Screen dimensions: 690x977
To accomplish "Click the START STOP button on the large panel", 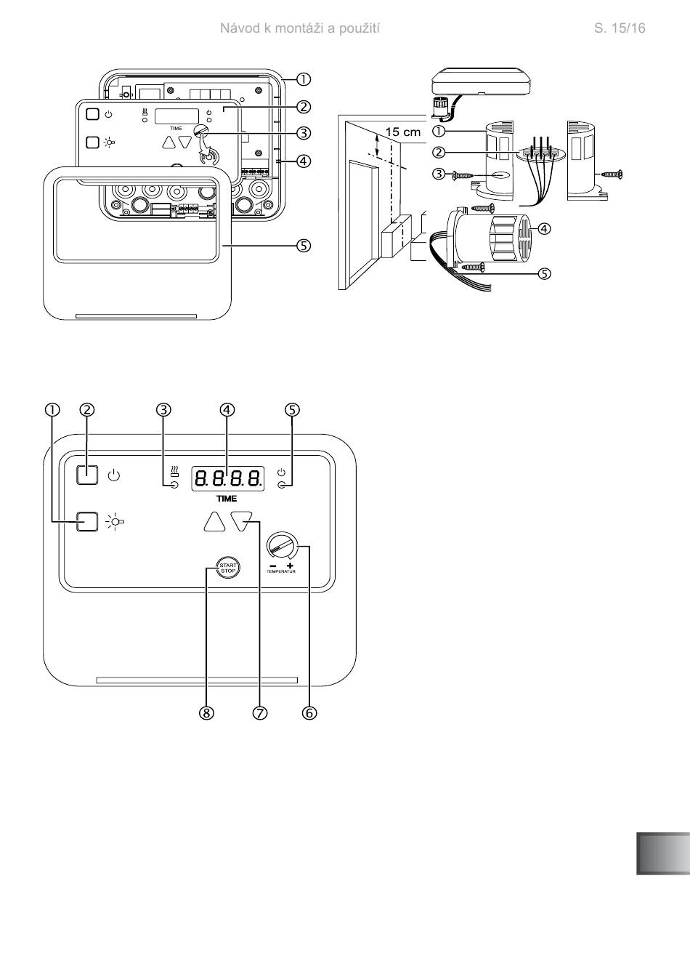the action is click(227, 568).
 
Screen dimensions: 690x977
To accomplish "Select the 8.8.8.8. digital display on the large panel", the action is click(227, 478).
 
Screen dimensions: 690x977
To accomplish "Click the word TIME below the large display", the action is click(227, 499).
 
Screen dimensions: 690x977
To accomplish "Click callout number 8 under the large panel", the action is click(206, 713).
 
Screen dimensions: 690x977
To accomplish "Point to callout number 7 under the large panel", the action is click(259, 713).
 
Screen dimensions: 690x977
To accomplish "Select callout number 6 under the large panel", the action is click(309, 713).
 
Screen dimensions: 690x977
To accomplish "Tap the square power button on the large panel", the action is click(86, 475).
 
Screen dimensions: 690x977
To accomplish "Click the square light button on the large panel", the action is click(86, 520).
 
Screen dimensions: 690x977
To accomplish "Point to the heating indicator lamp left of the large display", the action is click(174, 486).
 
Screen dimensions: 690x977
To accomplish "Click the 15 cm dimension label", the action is click(403, 132).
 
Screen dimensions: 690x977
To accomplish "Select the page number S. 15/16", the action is click(620, 28).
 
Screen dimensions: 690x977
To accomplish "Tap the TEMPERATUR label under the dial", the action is click(281, 571).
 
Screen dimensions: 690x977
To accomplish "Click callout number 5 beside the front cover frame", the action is click(304, 246).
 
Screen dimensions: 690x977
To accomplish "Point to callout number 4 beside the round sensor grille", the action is click(545, 228).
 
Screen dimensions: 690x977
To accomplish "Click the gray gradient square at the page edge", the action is click(663, 853).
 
